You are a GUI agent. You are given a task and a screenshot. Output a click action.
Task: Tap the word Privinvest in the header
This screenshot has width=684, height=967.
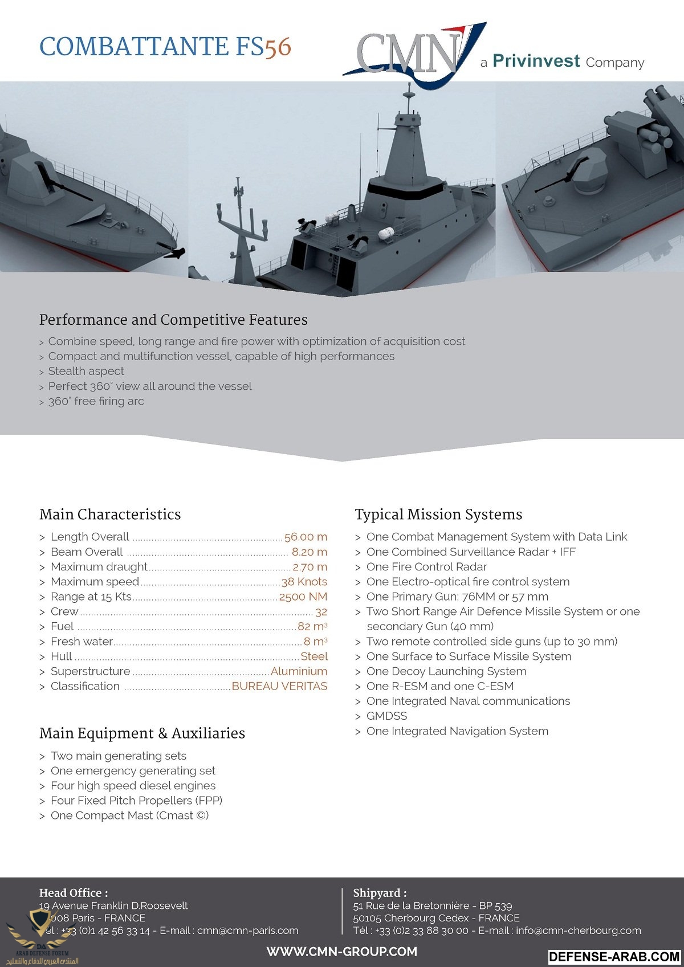pyautogui.click(x=536, y=61)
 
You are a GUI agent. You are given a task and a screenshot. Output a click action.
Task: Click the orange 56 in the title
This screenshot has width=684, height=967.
pyautogui.click(x=278, y=47)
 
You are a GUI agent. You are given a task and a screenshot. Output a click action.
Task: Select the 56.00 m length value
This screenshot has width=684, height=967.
pyautogui.click(x=306, y=537)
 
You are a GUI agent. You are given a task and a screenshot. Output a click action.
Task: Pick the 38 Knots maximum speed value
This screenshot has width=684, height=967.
pyautogui.click(x=304, y=582)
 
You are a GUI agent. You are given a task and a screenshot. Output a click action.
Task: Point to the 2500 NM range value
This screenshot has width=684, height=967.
pyautogui.click(x=303, y=597)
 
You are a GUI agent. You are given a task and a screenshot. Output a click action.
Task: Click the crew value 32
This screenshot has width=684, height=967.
pyautogui.click(x=321, y=612)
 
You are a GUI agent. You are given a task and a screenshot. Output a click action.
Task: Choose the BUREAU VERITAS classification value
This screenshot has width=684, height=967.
pyautogui.click(x=279, y=686)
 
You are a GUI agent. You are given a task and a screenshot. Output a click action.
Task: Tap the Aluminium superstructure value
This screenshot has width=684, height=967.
pyautogui.click(x=299, y=671)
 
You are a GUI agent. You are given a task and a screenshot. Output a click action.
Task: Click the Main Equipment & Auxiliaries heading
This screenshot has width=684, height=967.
pyautogui.click(x=142, y=733)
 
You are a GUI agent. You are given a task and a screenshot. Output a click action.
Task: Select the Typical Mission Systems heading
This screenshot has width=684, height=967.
pyautogui.click(x=438, y=515)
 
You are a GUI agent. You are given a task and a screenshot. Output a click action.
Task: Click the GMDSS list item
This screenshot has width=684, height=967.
pyautogui.click(x=386, y=716)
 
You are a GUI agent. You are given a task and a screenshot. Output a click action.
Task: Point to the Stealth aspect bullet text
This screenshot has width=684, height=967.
pyautogui.click(x=86, y=371)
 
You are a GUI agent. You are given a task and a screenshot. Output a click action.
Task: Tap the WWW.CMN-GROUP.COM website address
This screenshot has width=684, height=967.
pyautogui.click(x=342, y=952)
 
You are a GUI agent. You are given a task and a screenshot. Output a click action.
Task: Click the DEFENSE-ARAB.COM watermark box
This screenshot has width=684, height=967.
pyautogui.click(x=614, y=957)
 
